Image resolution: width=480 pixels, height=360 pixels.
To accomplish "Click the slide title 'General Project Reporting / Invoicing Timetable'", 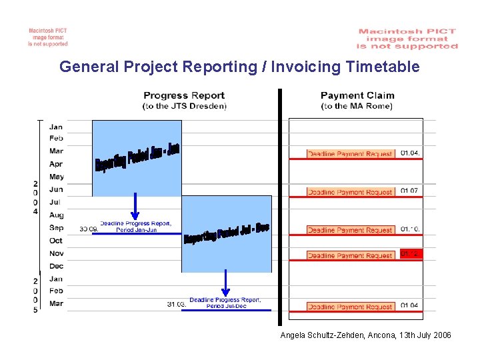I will [239, 67].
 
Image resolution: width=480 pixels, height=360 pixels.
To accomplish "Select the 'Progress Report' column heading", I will [184, 95].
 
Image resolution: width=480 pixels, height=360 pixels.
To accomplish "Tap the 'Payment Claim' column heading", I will [357, 95].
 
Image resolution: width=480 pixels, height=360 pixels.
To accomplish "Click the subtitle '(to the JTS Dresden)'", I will [184, 106].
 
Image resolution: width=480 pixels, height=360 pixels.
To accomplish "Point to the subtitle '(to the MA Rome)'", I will [357, 106].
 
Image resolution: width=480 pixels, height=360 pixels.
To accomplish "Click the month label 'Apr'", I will [56, 164].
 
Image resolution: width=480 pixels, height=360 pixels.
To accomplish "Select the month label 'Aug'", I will [56, 215].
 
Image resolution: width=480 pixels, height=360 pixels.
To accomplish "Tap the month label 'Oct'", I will [56, 241].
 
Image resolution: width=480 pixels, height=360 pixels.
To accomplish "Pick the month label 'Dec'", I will [56, 266].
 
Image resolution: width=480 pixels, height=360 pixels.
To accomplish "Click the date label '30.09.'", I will [89, 229].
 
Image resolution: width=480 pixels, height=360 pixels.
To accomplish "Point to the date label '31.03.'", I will [177, 305].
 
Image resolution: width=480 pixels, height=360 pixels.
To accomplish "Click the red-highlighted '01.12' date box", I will [411, 254].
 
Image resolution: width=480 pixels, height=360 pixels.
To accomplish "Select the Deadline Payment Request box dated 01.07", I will [350, 192].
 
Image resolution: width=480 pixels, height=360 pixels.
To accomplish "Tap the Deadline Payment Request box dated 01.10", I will [350, 230].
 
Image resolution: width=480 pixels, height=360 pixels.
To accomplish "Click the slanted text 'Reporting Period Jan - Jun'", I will [137, 157].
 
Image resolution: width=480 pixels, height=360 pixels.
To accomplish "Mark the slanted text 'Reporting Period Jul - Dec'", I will [227, 233].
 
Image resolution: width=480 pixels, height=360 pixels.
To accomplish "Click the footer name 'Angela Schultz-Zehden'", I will [323, 335].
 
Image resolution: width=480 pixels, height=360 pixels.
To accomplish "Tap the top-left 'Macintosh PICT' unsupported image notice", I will [47, 37].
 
